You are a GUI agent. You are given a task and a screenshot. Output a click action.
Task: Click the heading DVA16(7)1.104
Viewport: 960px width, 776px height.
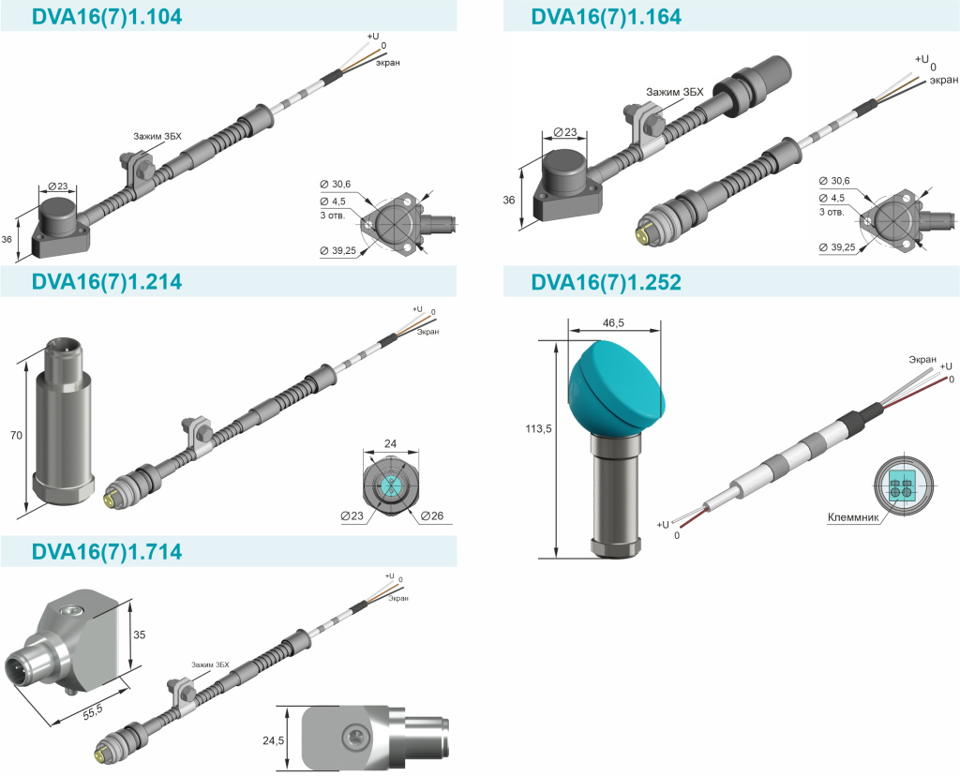(107, 17)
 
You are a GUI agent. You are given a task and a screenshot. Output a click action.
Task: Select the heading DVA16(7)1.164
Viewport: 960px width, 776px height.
(607, 17)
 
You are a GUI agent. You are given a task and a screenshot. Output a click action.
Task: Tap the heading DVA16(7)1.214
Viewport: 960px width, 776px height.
(107, 281)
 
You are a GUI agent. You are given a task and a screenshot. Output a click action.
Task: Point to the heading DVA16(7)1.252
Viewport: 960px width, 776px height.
(607, 282)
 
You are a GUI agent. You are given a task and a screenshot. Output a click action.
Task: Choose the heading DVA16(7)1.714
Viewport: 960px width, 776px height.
(107, 551)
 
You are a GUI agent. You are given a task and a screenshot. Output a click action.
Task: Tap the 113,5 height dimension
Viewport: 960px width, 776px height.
(539, 429)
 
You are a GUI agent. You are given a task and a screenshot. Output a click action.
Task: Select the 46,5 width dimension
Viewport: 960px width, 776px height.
(613, 323)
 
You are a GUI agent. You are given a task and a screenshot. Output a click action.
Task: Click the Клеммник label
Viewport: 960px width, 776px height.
(853, 517)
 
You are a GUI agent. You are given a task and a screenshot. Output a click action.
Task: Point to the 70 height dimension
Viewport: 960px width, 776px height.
(17, 435)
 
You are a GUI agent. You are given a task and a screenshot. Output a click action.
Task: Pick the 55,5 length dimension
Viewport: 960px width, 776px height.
(93, 711)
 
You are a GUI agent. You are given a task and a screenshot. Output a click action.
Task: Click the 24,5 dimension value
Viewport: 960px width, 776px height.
(273, 740)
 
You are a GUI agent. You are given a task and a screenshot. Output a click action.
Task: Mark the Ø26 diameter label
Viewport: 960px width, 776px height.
(432, 515)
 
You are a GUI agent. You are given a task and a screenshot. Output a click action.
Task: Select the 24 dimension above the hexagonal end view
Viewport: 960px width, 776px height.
(391, 443)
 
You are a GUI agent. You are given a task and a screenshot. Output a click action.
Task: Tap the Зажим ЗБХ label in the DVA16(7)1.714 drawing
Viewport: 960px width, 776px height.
(210, 664)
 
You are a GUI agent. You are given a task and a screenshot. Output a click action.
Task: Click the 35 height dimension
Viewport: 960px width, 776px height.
(140, 634)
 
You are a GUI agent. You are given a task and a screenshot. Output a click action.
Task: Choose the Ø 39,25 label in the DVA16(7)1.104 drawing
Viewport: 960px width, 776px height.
(337, 250)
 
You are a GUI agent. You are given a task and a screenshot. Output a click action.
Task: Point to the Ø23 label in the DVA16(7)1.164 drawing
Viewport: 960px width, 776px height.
(565, 131)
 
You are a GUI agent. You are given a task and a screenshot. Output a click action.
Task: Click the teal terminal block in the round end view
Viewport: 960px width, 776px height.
(900, 486)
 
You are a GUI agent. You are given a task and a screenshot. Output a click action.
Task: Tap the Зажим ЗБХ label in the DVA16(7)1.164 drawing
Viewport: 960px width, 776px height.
(675, 92)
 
